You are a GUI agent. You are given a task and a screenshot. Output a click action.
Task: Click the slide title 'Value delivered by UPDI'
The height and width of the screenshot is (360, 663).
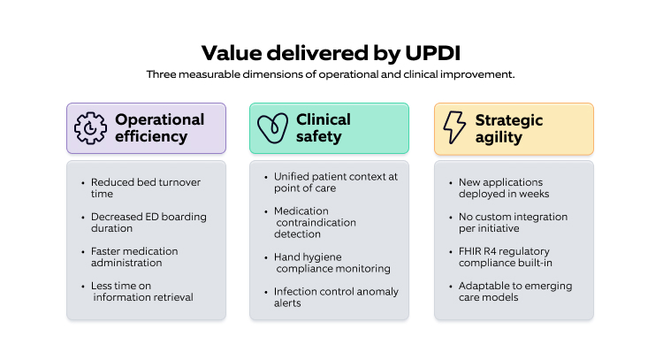331,52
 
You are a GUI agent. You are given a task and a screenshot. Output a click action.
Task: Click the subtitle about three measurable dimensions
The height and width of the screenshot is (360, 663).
331,74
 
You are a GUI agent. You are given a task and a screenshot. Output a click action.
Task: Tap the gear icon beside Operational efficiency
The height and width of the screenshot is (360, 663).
91,128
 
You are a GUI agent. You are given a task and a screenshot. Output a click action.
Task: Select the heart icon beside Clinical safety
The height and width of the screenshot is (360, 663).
272,128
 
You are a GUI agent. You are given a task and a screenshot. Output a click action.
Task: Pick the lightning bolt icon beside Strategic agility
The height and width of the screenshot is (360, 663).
454,128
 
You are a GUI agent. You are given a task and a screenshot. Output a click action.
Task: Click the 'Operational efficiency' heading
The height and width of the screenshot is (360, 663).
159,128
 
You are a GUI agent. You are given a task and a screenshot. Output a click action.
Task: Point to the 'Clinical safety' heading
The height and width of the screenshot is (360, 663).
324,128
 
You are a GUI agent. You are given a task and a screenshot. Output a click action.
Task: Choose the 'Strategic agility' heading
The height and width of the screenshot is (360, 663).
509,128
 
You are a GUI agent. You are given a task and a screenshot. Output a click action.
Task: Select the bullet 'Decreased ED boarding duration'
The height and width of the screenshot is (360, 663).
143,222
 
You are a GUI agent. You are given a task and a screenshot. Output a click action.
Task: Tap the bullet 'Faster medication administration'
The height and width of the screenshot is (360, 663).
138,256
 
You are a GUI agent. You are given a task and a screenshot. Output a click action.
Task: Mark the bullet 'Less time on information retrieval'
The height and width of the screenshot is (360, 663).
141,290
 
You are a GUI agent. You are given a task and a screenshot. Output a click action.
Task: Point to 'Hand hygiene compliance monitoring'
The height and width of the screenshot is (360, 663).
332,262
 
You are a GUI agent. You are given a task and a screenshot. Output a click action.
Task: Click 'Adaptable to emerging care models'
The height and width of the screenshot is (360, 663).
516,290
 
